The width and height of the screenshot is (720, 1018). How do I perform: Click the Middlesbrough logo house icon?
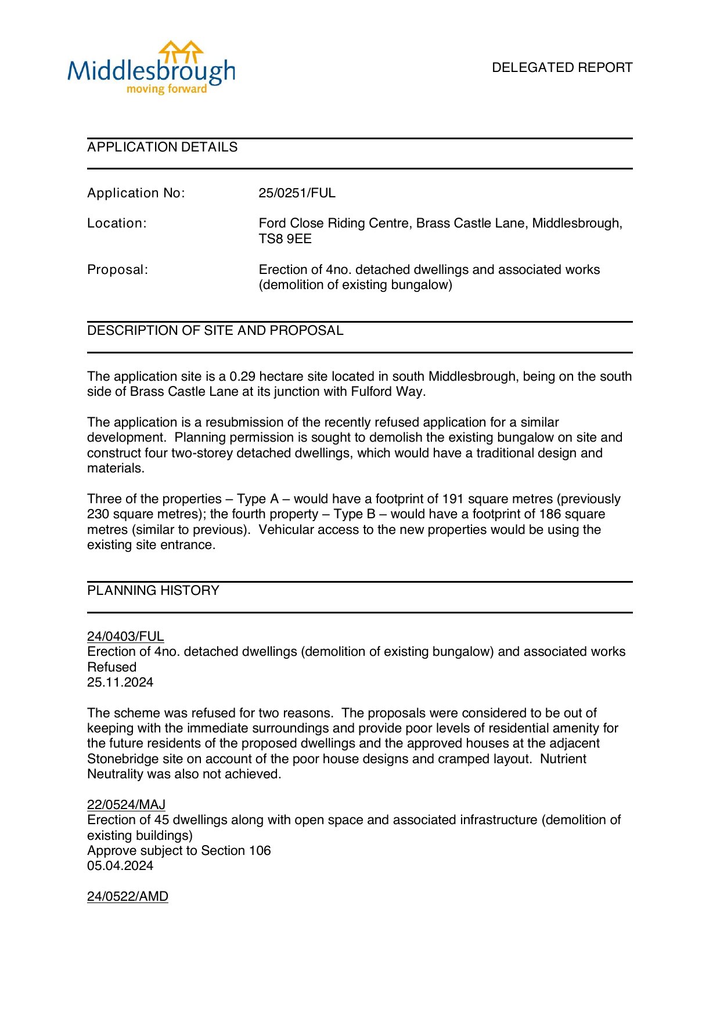(181, 52)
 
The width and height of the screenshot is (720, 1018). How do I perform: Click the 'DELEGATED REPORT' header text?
(561, 68)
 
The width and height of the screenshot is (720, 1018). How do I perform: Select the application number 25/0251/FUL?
(297, 193)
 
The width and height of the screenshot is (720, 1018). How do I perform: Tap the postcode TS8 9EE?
(285, 239)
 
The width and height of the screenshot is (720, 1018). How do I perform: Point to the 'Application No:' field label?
(136, 193)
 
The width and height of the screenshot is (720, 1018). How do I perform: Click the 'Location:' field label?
(117, 223)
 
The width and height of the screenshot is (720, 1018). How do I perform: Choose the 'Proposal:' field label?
(117, 270)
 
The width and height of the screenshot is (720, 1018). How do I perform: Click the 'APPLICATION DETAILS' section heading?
(162, 147)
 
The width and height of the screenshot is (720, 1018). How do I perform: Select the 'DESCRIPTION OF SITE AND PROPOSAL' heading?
(215, 331)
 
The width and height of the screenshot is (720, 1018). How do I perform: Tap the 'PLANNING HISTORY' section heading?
(153, 591)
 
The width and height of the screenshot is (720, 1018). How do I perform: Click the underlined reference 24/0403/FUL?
(125, 637)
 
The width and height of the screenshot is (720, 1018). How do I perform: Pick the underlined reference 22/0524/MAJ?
(126, 805)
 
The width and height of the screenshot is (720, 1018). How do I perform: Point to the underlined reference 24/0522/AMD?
(128, 897)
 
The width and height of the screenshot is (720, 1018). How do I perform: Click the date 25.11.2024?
(120, 683)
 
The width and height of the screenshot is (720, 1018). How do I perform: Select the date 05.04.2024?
(120, 866)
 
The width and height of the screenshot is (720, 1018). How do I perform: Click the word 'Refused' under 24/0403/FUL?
(111, 667)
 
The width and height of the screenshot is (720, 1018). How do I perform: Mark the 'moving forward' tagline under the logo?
(167, 89)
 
